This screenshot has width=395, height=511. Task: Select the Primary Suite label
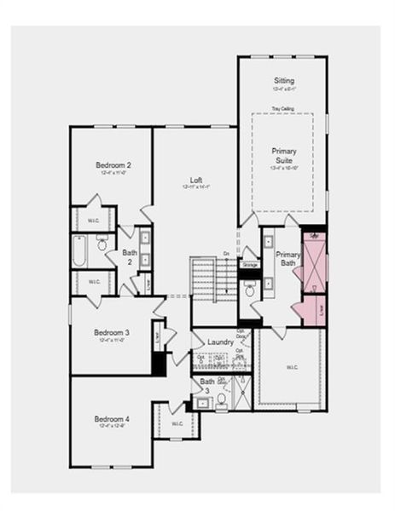284,156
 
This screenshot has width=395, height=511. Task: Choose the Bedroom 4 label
112,419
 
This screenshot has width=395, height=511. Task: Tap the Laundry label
220,342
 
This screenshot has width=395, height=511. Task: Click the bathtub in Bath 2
79,251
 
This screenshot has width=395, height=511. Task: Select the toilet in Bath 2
102,244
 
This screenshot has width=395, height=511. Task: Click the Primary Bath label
288,260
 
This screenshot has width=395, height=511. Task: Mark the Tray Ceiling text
282,109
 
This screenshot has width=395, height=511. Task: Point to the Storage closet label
250,265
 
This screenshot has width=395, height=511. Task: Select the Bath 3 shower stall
240,393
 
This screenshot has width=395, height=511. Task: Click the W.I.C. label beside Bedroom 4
177,423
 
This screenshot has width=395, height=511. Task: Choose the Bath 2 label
130,257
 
